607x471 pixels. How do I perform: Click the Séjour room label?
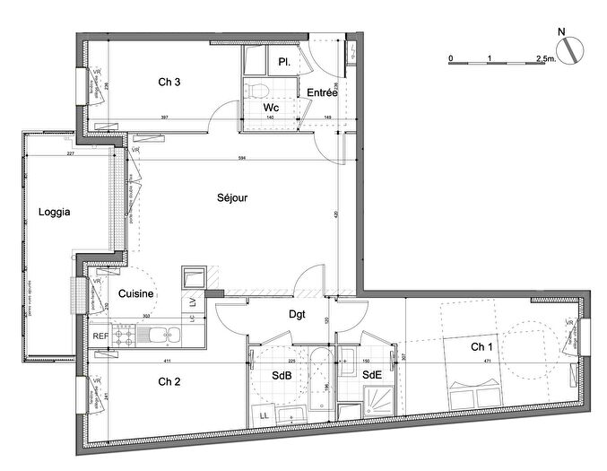pyautogui.click(x=231, y=197)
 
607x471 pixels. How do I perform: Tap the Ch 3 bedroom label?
pyautogui.click(x=170, y=83)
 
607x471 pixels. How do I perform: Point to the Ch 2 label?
pyautogui.click(x=169, y=382)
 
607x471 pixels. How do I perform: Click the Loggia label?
pyautogui.click(x=54, y=213)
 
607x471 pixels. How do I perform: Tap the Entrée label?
pyautogui.click(x=322, y=92)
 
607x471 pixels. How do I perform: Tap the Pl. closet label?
pyautogui.click(x=284, y=62)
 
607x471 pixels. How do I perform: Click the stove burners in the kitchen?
pyautogui.click(x=126, y=336)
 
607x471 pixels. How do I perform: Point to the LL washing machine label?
pyautogui.click(x=265, y=414)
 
